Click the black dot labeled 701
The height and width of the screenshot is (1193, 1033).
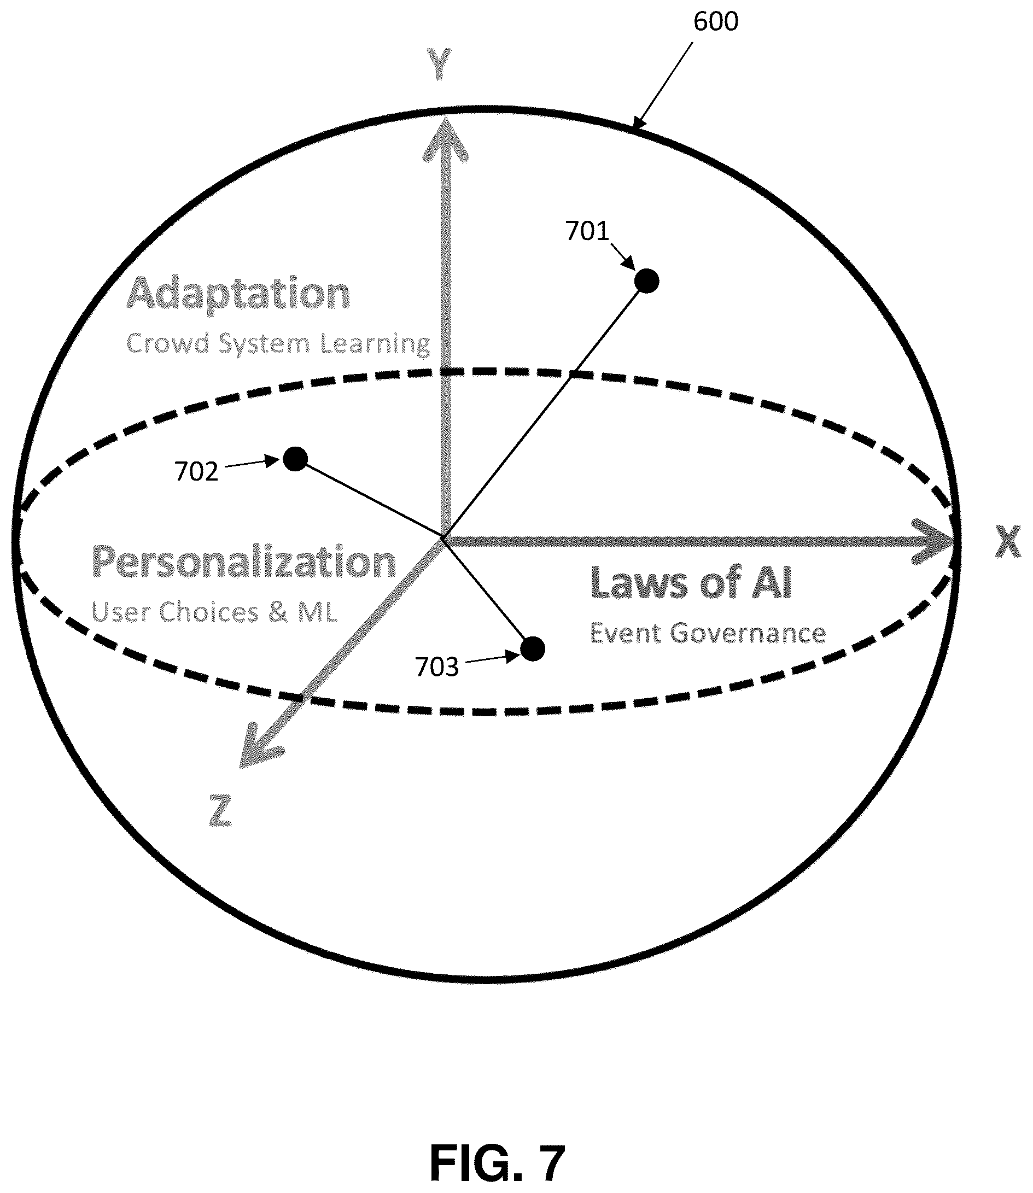coord(647,280)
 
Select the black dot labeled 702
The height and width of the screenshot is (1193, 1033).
coord(295,459)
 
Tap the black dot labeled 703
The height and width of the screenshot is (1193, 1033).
coord(533,649)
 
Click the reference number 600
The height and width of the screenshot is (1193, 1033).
coord(715,21)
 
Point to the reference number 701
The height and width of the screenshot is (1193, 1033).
coord(587,231)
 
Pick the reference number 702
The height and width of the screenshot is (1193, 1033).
coord(196,472)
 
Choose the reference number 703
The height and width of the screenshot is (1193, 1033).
coord(436,668)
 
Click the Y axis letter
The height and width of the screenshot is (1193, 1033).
coord(439,64)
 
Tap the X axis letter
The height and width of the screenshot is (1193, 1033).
coord(1008,543)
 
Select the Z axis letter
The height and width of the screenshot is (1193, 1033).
coord(220,811)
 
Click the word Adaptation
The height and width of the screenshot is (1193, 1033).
coord(238,295)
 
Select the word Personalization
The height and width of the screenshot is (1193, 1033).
coord(244,562)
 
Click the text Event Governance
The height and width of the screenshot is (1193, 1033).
coord(707,633)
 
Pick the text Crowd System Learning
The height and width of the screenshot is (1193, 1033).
coord(278,344)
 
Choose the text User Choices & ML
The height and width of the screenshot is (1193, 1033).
coord(214,611)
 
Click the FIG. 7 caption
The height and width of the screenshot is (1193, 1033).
coord(497,1147)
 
